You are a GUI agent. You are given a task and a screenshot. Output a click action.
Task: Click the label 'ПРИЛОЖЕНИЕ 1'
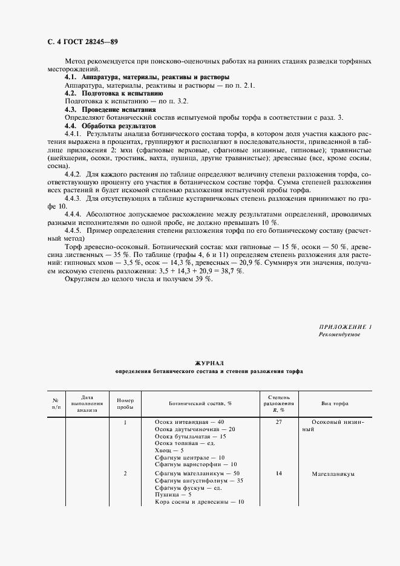345,327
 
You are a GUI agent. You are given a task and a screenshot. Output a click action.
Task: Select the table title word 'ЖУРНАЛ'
209,363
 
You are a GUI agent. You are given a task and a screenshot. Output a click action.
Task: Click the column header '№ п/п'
56,403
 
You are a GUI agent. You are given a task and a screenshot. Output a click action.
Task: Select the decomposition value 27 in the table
279,422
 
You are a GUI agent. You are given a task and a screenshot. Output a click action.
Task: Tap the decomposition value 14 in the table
279,473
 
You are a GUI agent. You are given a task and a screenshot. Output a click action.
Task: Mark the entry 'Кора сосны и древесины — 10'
199,502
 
